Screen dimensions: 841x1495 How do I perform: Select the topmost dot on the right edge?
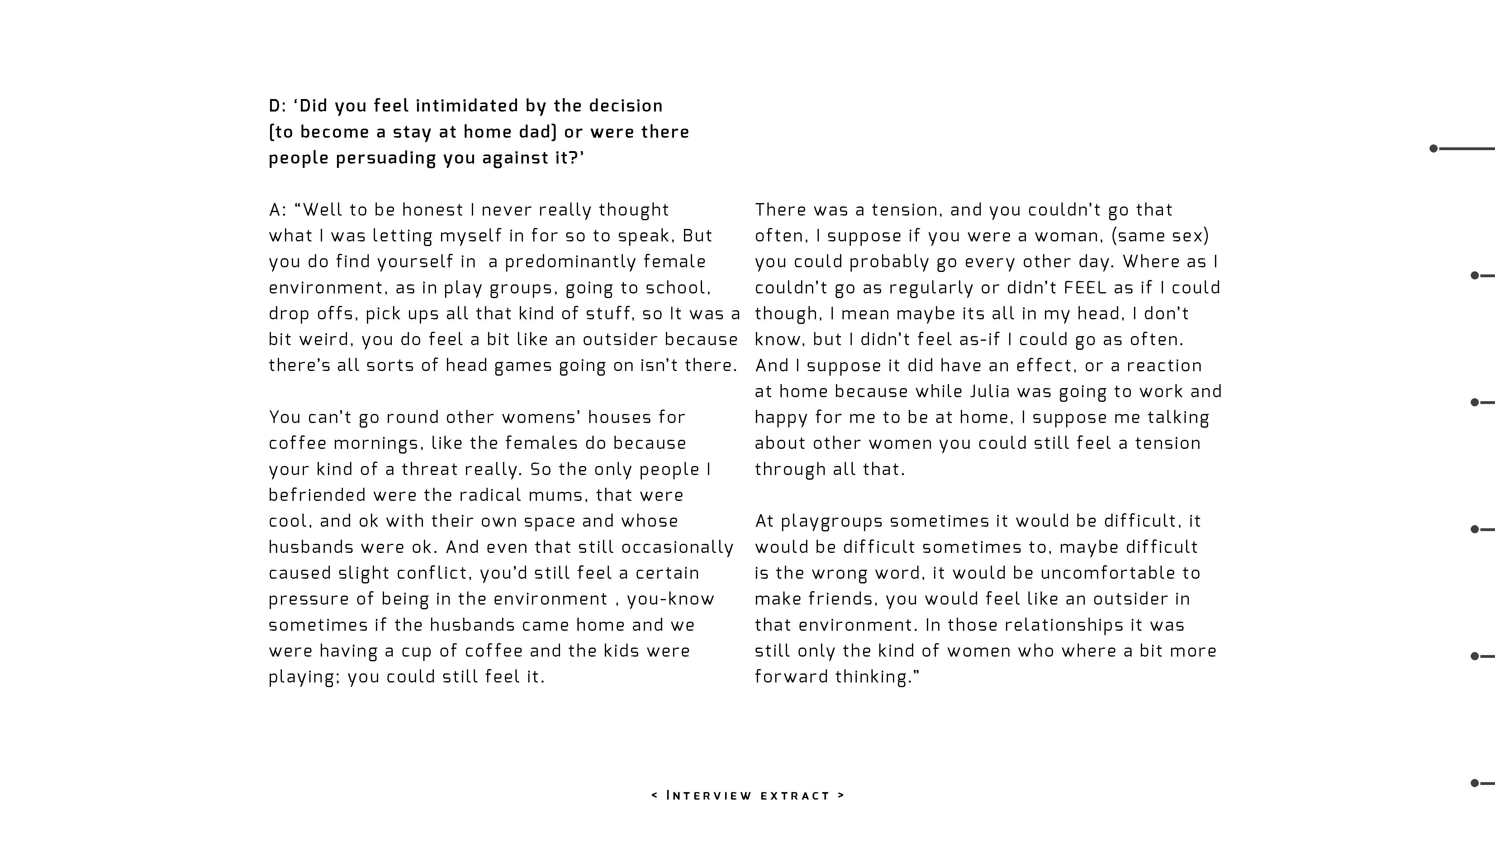1433,149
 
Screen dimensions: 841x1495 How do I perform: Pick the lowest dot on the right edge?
1475,783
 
